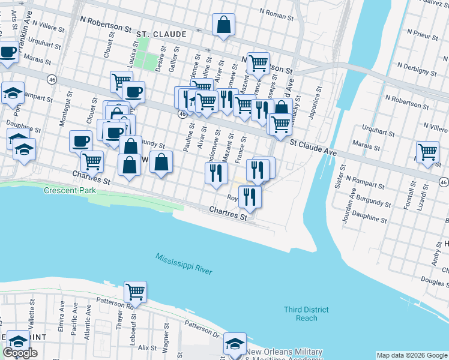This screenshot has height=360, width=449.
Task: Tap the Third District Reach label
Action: click(x=306, y=313)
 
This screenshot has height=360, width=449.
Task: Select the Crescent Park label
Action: click(x=70, y=191)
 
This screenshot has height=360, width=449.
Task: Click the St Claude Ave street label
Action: click(x=314, y=148)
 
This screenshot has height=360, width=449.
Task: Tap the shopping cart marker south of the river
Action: click(x=135, y=292)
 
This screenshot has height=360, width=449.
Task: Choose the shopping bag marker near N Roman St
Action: click(x=223, y=26)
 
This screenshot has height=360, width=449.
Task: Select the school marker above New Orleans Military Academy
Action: click(x=234, y=343)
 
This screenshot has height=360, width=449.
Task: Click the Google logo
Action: click(x=20, y=353)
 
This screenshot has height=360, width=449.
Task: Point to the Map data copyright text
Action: click(x=412, y=355)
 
